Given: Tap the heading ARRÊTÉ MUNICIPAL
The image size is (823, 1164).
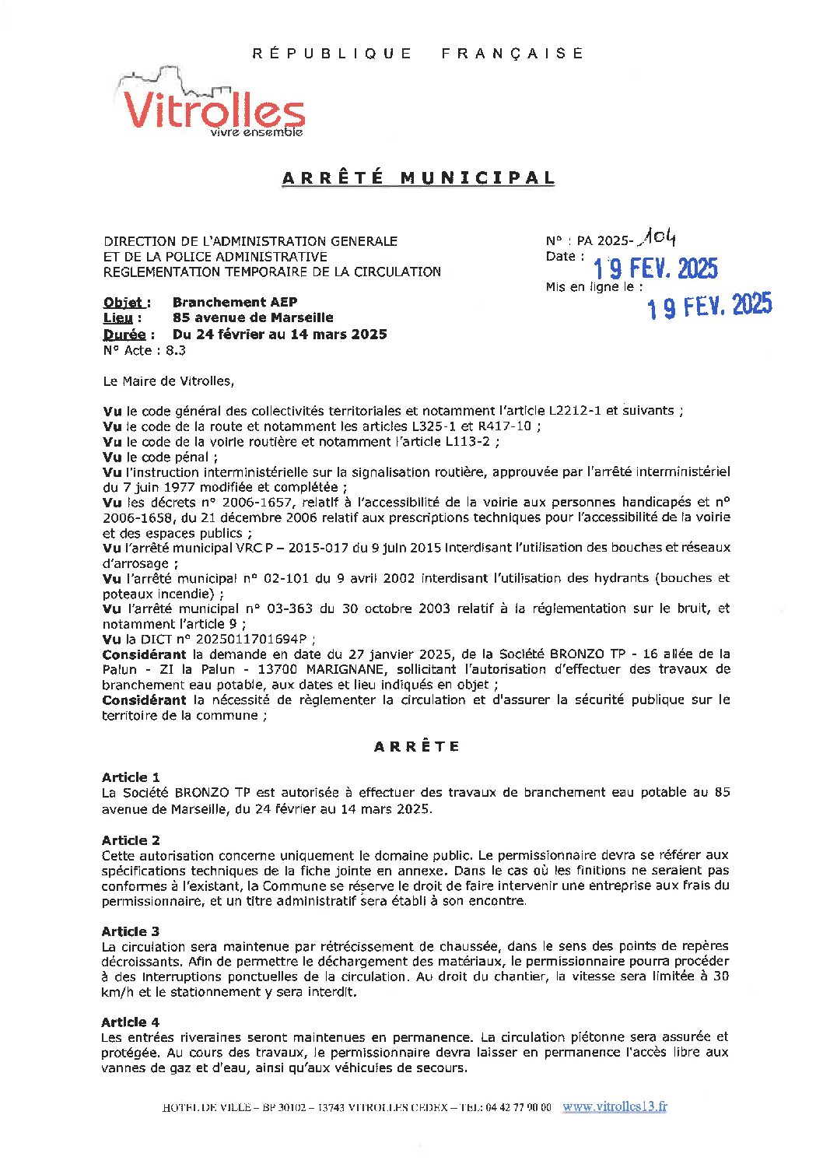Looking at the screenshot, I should [419, 178].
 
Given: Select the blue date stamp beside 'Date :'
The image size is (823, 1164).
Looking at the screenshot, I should [655, 269].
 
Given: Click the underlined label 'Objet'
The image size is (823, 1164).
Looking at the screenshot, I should [124, 303].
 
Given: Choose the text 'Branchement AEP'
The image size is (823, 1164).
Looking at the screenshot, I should [235, 302].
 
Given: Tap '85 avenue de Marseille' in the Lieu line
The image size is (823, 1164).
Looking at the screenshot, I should [253, 317].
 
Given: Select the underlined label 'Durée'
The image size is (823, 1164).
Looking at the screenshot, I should [124, 335].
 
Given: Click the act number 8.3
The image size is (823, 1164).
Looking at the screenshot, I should [176, 350].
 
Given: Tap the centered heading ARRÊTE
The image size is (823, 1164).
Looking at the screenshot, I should [417, 747].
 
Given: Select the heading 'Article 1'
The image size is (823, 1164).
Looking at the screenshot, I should [131, 777].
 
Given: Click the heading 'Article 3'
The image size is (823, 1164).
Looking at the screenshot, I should [131, 931].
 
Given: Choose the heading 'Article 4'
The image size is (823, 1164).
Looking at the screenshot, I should [131, 1022].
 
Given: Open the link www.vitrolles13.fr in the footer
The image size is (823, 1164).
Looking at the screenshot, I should [615, 1106].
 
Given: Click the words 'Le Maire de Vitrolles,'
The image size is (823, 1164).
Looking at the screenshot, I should [168, 381].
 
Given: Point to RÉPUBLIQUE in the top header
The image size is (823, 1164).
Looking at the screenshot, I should [333, 54].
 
